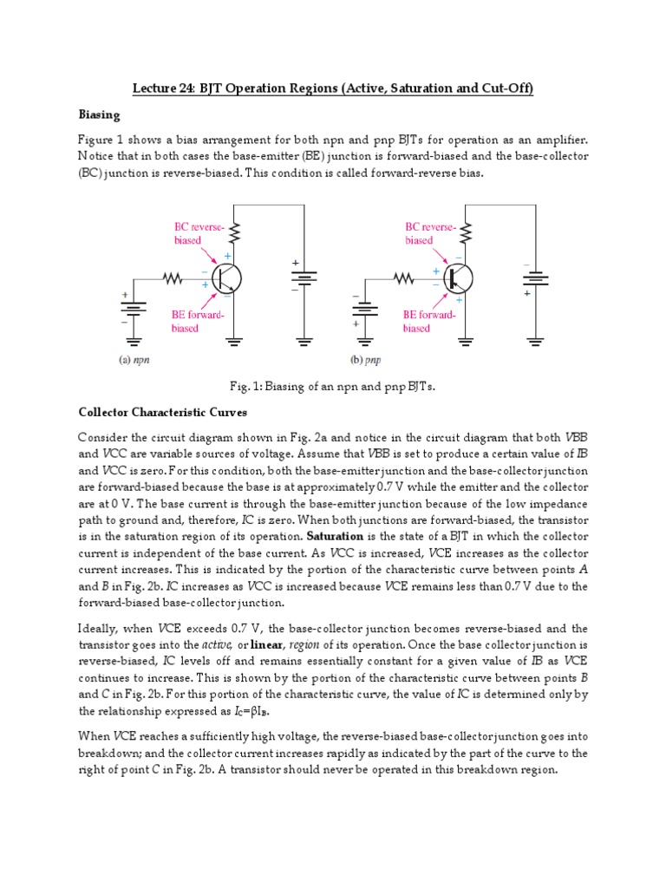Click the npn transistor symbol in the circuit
(x=228, y=278)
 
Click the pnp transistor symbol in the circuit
(x=458, y=278)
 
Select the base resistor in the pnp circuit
(x=403, y=278)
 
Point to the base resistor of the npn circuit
(x=173, y=278)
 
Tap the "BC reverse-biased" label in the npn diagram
(x=198, y=233)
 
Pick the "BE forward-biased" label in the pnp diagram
(x=429, y=322)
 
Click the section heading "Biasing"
(x=100, y=114)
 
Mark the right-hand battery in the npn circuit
(x=304, y=277)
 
